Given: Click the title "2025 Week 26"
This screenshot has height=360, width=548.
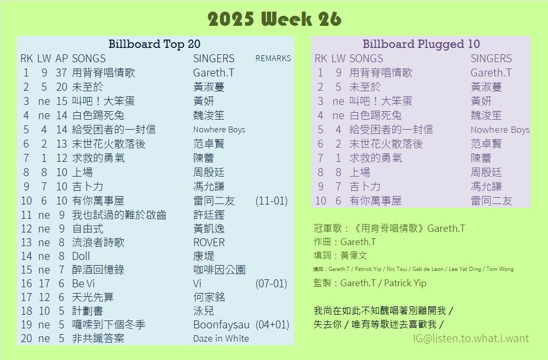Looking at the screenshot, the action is point(274,19).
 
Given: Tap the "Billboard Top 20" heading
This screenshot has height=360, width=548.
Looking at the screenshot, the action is point(154,44).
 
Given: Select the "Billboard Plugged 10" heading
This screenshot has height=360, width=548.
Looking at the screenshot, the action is point(421,44).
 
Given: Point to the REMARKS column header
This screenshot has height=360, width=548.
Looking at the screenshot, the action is point(273,59).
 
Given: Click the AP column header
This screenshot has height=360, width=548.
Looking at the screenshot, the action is point(62,59).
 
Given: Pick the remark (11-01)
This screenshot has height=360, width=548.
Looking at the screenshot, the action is point(272,201).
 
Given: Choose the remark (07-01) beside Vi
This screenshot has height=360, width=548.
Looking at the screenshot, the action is point(271,284).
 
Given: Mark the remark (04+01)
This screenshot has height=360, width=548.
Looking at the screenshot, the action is point(272,324).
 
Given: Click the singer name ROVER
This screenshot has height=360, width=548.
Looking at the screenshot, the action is point(209,242).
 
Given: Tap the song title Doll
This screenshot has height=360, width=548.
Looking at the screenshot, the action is point(81,256).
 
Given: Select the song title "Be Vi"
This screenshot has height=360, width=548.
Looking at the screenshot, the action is point(83,284).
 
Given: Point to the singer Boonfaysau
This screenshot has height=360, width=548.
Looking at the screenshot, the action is point(221,325).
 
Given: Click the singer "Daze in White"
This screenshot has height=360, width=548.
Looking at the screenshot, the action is point(221,338).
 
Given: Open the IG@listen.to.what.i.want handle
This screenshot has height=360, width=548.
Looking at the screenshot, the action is point(471,338).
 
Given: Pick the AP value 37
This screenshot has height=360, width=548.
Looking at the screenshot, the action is point(61,73).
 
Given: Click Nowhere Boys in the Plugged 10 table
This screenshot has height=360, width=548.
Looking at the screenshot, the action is point(500,130).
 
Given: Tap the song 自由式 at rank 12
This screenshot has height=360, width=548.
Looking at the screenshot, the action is point(88,229).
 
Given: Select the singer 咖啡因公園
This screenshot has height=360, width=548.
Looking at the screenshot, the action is point(219,270).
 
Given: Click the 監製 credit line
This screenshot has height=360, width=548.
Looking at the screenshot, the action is point(370,283).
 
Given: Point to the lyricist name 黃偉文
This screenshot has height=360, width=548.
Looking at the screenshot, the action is point(354,256).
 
